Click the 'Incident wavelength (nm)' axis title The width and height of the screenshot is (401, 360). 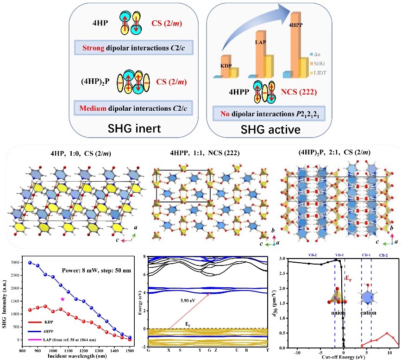[x=77, y=356]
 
